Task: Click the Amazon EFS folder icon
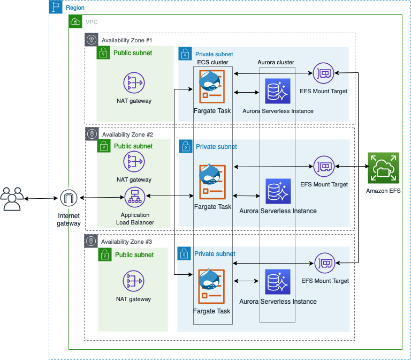pos(383,168)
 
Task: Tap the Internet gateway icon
pos(68,199)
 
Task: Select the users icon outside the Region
pos(12,199)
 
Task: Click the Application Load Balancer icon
pos(134,198)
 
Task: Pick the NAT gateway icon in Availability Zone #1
pos(134,82)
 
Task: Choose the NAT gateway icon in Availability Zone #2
pos(134,162)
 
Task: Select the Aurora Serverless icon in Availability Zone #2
pos(278,191)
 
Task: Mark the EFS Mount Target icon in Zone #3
pos(324,262)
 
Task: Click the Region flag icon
pos(56,7)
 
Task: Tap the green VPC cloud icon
pos(75,22)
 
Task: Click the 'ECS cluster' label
pos(212,62)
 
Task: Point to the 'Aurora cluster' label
pos(276,62)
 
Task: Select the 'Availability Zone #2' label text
pos(127,134)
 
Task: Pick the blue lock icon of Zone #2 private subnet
pos(185,146)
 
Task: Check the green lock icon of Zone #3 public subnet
pos(105,255)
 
